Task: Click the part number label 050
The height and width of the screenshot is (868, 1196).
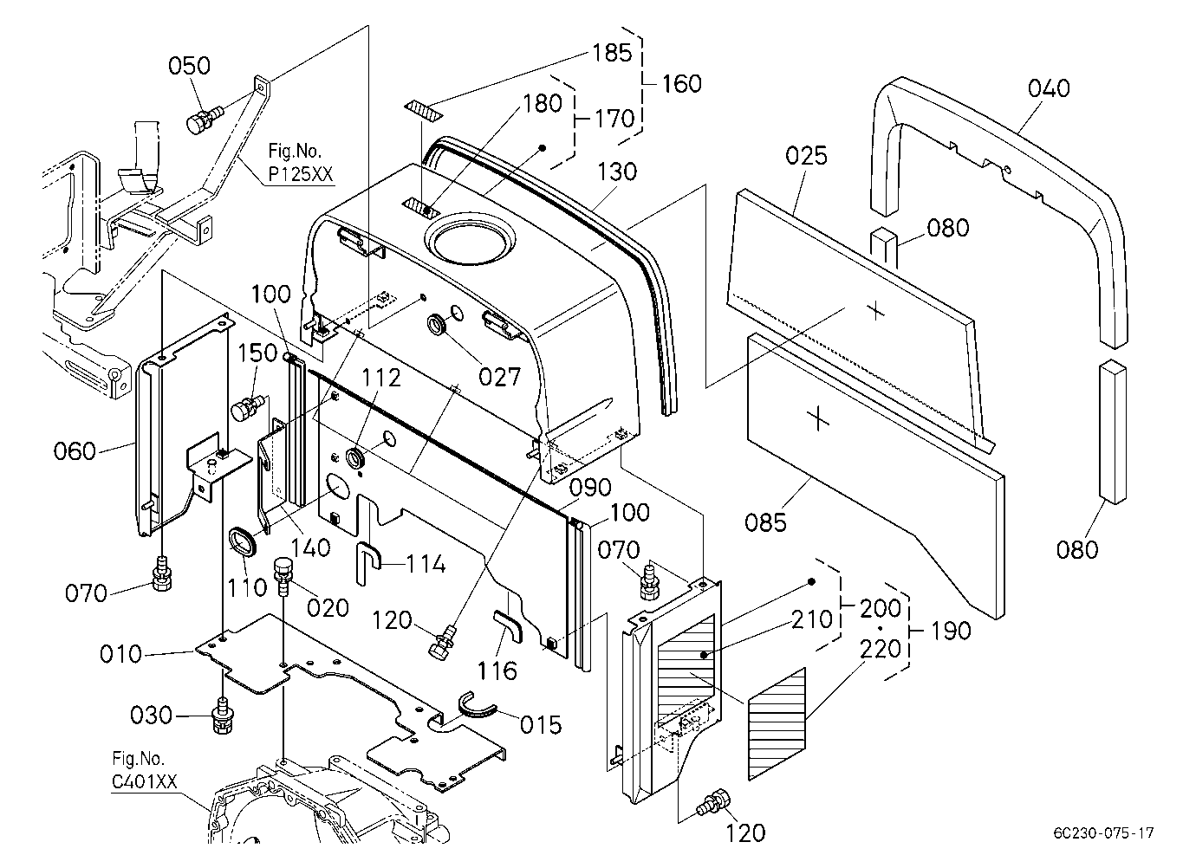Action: [189, 66]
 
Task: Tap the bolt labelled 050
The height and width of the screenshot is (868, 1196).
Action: [204, 120]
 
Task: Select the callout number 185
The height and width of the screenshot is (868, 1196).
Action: [612, 53]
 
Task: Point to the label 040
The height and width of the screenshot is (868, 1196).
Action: [1049, 88]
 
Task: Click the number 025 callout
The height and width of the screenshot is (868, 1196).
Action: [806, 156]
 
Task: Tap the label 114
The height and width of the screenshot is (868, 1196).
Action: [426, 564]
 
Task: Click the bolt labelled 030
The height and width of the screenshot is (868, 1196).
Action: [222, 716]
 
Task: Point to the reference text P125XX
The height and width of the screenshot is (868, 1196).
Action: [300, 173]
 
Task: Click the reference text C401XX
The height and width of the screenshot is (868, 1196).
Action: [144, 782]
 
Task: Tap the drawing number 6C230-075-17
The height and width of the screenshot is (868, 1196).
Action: [1103, 833]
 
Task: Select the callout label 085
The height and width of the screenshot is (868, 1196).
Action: [766, 522]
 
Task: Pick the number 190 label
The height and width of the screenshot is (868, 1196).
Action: [951, 631]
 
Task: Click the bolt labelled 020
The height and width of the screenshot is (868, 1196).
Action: [284, 578]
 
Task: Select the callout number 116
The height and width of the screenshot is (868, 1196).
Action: [497, 671]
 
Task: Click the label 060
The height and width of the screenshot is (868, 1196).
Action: [75, 451]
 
